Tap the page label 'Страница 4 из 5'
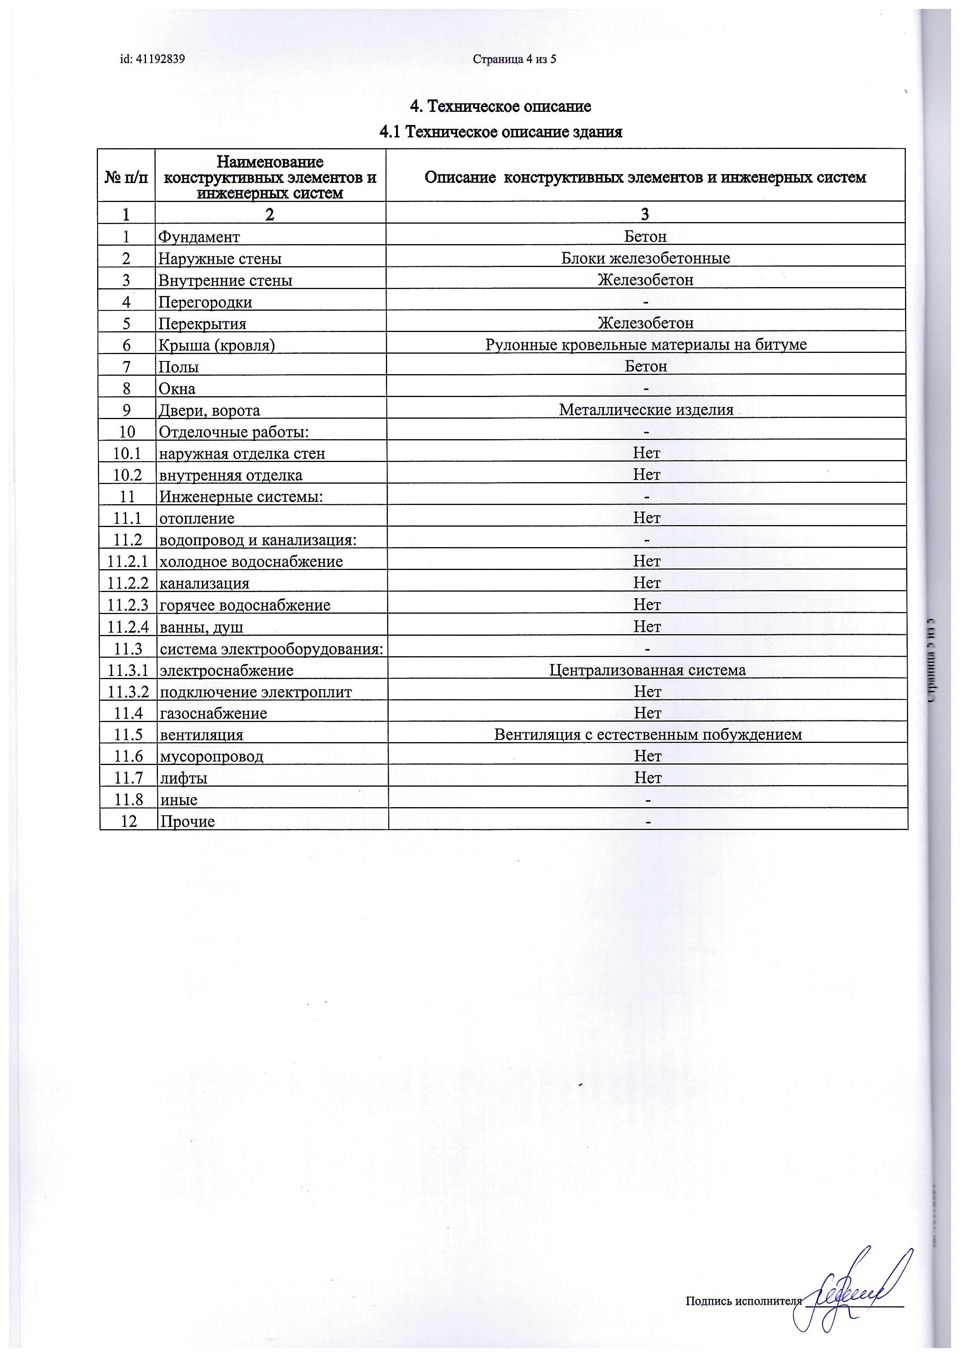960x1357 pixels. (x=514, y=59)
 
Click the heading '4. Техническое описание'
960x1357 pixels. (x=500, y=106)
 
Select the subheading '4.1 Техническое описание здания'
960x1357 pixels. (x=500, y=132)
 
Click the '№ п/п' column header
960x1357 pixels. (x=126, y=177)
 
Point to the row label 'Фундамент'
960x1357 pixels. (x=199, y=237)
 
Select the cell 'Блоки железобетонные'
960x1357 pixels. (x=646, y=258)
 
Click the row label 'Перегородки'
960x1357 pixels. (x=205, y=302)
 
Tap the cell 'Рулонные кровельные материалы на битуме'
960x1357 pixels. (x=646, y=344)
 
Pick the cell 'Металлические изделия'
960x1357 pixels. (x=646, y=410)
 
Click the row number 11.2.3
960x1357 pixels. (x=128, y=605)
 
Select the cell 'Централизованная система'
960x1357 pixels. (x=647, y=670)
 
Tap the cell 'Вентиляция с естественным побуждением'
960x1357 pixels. (x=648, y=735)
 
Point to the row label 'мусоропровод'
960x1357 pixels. (x=212, y=756)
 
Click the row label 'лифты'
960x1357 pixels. (x=183, y=779)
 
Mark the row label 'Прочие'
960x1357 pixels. (x=187, y=821)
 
